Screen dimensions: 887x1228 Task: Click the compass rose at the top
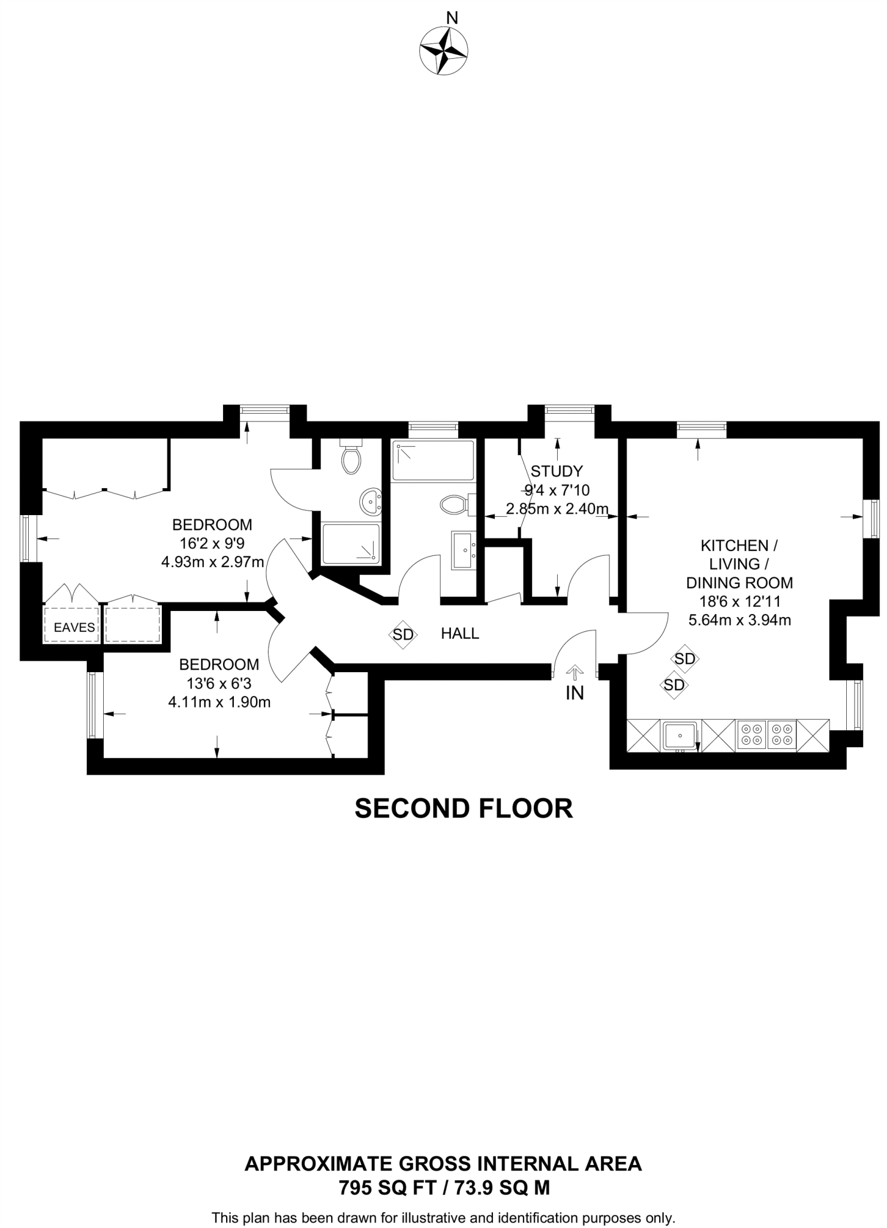pyautogui.click(x=444, y=52)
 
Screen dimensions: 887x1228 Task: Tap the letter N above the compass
pyautogui.click(x=453, y=18)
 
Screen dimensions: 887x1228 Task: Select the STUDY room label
pyautogui.click(x=557, y=471)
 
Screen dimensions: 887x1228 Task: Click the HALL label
pyautogui.click(x=460, y=633)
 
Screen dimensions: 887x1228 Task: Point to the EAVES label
pyautogui.click(x=74, y=628)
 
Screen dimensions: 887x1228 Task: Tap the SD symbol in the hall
pyautogui.click(x=403, y=634)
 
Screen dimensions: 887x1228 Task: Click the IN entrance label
pyautogui.click(x=575, y=693)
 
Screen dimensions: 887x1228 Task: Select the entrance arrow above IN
pyautogui.click(x=575, y=673)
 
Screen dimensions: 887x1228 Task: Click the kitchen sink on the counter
pyautogui.click(x=680, y=735)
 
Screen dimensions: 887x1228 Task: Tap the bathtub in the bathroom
pyautogui.click(x=433, y=460)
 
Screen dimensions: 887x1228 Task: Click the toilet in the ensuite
pyautogui.click(x=351, y=456)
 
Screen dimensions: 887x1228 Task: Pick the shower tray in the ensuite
pyautogui.click(x=351, y=544)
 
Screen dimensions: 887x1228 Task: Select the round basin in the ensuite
pyautogui.click(x=371, y=500)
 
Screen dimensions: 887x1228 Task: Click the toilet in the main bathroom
pyautogui.click(x=458, y=504)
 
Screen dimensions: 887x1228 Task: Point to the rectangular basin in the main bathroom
pyautogui.click(x=464, y=550)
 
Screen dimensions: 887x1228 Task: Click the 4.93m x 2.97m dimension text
pyautogui.click(x=213, y=562)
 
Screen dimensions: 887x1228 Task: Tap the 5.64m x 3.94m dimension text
pyautogui.click(x=739, y=620)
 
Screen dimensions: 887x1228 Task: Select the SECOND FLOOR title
pyautogui.click(x=464, y=808)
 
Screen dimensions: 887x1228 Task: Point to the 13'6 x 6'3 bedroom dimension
pyautogui.click(x=219, y=683)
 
